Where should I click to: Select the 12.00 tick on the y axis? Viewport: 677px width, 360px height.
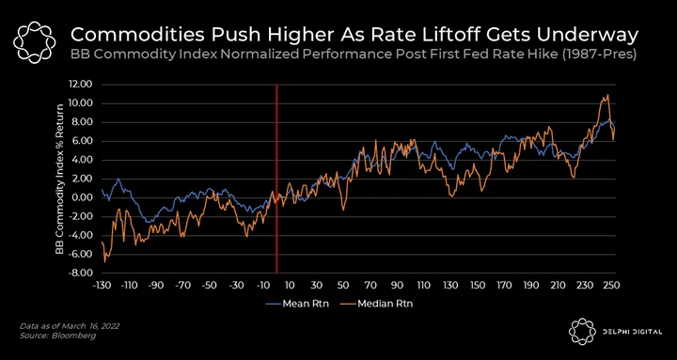point(81,85)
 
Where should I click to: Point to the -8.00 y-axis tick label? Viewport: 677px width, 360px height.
point(81,274)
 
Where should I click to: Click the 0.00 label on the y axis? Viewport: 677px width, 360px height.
point(83,197)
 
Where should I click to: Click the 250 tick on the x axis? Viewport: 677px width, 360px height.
point(614,286)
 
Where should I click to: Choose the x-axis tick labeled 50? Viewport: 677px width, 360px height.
point(343,286)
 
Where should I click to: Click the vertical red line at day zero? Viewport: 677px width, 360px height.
point(276,179)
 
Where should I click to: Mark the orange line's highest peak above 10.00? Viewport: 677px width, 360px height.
point(608,95)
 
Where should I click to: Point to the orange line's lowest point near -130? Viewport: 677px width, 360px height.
point(104,261)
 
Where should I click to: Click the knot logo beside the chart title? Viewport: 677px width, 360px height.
point(35,41)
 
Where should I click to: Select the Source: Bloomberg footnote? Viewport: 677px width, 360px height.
point(58,336)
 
